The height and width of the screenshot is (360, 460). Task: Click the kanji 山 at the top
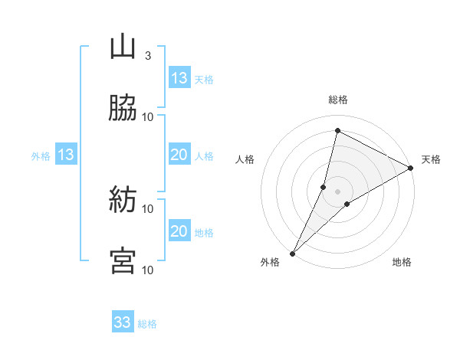pyautogui.click(x=123, y=47)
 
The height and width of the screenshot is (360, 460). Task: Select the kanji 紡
pyautogui.click(x=123, y=201)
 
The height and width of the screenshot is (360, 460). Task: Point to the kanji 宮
pyautogui.click(x=123, y=261)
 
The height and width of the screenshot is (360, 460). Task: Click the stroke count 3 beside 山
pyautogui.click(x=148, y=56)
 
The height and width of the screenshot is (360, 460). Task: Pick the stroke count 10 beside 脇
pyautogui.click(x=148, y=116)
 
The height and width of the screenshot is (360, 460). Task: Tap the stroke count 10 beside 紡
pyautogui.click(x=148, y=208)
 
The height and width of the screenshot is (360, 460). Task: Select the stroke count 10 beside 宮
pyautogui.click(x=148, y=270)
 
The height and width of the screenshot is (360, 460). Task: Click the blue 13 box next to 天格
pyautogui.click(x=179, y=78)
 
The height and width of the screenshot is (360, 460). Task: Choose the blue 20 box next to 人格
pyautogui.click(x=179, y=155)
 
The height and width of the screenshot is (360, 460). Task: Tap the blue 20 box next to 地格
pyautogui.click(x=179, y=231)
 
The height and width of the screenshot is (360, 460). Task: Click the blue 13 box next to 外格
pyautogui.click(x=66, y=155)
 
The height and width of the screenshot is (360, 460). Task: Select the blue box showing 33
pyautogui.click(x=123, y=322)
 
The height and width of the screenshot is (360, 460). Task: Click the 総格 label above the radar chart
pyautogui.click(x=338, y=100)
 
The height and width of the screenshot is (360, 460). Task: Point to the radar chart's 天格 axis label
pyautogui.click(x=431, y=159)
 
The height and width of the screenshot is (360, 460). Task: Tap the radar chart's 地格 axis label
pyautogui.click(x=402, y=263)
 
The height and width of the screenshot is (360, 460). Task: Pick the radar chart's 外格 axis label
pyautogui.click(x=270, y=263)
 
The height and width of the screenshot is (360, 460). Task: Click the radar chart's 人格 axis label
pyautogui.click(x=245, y=159)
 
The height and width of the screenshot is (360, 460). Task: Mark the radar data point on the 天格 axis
pyautogui.click(x=411, y=168)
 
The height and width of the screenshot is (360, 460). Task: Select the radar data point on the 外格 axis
pyautogui.click(x=293, y=253)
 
